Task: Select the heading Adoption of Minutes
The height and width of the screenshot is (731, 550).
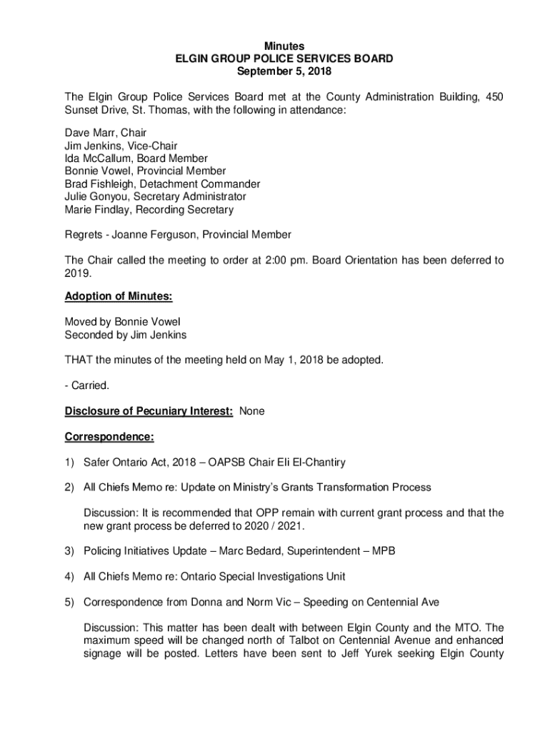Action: tap(119, 296)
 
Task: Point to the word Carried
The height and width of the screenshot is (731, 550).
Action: tap(89, 385)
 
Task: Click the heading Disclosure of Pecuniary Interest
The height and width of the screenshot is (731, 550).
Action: tap(149, 411)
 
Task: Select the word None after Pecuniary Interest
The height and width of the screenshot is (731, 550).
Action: tap(252, 411)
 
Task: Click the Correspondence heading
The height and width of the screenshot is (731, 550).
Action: tap(109, 436)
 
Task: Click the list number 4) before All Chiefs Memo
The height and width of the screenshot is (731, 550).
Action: tap(69, 577)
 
